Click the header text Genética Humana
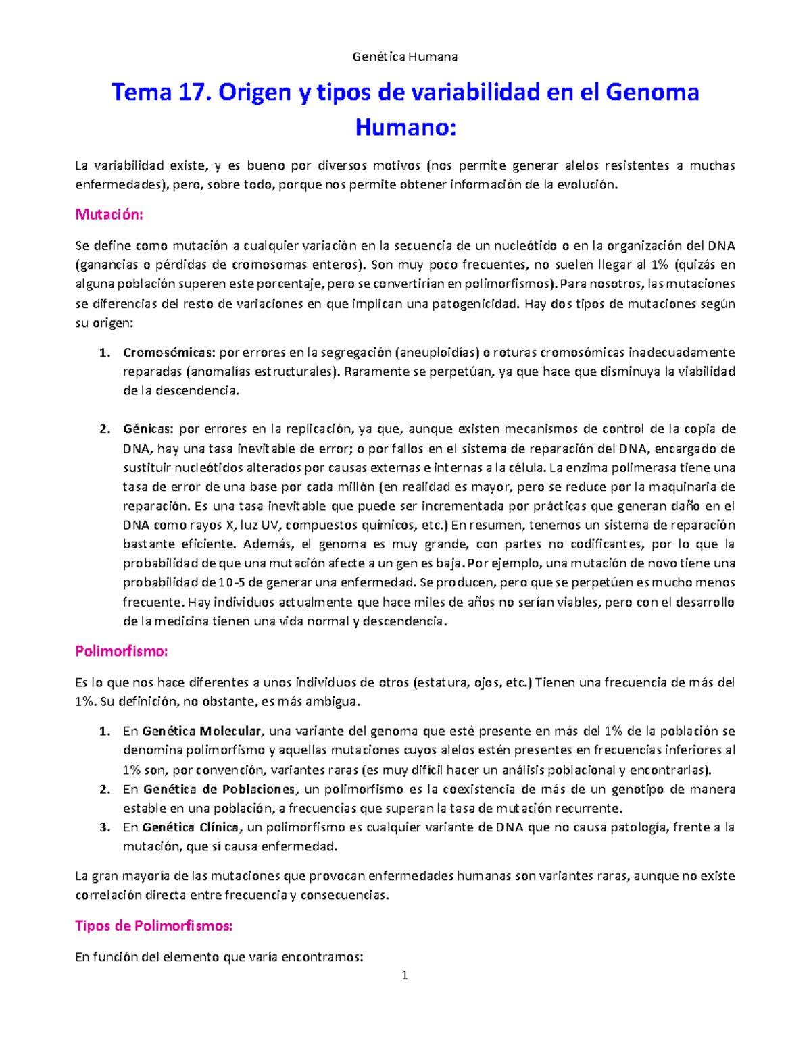405,57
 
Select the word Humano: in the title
405,127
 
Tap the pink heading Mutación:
109,215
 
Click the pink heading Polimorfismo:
121,652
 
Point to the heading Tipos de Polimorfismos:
153,926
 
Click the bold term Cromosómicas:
169,353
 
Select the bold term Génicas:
148,430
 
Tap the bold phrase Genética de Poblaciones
220,790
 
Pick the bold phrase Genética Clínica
191,828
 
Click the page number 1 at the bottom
405,975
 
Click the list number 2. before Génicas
105,430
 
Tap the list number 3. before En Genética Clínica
105,828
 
